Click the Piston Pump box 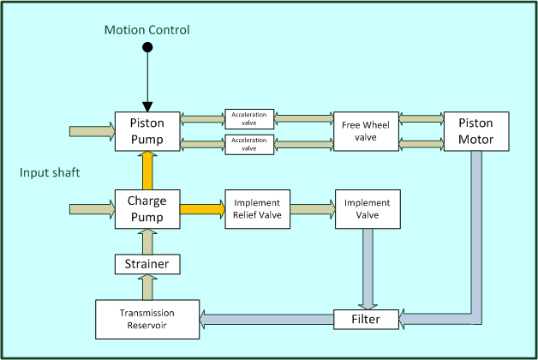click(146, 131)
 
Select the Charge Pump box click(146, 209)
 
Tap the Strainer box click(146, 263)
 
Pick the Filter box click(367, 320)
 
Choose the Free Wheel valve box click(366, 131)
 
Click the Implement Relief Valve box click(258, 209)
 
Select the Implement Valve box click(367, 209)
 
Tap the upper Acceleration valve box click(249, 119)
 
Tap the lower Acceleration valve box click(249, 143)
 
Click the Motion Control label click(146, 31)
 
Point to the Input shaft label click(50, 173)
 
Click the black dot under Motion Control click(146, 48)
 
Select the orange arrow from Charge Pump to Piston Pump click(146, 170)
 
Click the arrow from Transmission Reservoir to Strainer click(146, 286)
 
